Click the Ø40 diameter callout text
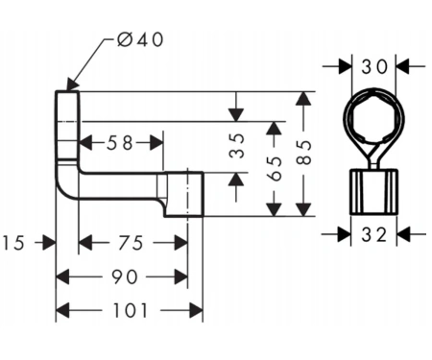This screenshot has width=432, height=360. coord(140,40)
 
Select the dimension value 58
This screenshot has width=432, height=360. coord(119,143)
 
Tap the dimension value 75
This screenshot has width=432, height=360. coord(131,243)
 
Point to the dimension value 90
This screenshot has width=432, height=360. coord(125,276)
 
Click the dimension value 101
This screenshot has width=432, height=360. coord(131,310)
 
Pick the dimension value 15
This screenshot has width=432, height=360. coord(13,243)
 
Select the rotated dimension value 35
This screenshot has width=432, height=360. coord(237,146)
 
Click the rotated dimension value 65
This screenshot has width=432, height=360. coord(275,169)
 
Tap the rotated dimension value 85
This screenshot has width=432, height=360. coord(304,153)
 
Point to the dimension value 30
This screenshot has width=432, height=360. coord(374,67)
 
